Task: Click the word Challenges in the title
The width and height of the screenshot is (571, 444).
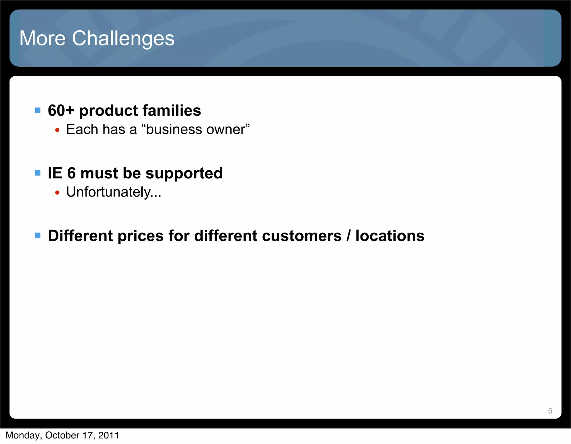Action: coord(123,38)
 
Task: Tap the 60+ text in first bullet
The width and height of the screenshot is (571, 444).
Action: coord(61,111)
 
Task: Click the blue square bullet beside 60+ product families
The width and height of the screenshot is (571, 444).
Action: coord(38,111)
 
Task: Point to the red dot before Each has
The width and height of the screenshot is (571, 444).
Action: coord(57,130)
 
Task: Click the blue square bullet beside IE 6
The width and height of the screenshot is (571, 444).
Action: coord(38,173)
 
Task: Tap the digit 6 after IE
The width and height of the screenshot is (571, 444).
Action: coord(71,173)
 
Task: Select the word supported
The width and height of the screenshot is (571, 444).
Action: coord(184,174)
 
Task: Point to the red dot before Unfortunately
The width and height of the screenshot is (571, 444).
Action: coord(57,193)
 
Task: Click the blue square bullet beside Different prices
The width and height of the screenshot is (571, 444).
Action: coord(38,236)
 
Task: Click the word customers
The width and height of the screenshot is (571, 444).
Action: coord(302,236)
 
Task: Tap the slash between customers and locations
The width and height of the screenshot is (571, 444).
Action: coord(348,236)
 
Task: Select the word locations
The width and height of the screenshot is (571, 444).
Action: coord(390,236)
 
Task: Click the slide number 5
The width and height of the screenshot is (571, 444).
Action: coord(550,411)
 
